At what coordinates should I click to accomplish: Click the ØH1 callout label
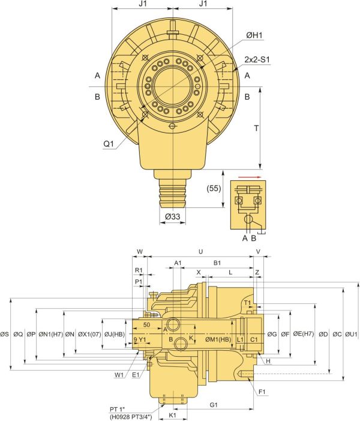(x=254, y=37)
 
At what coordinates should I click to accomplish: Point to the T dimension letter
(x=256, y=129)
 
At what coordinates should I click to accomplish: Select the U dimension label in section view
(x=200, y=252)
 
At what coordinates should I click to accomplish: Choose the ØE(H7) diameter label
(x=304, y=333)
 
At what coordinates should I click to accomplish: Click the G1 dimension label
(x=214, y=405)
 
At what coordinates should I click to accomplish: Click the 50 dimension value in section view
(x=148, y=324)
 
